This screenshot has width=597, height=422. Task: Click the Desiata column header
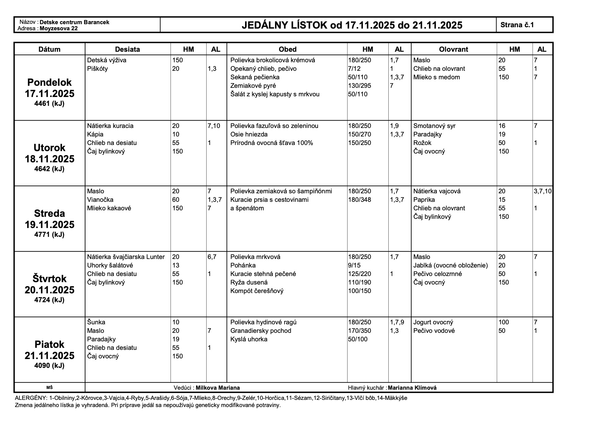point(127,49)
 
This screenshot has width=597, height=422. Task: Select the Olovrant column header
point(454,49)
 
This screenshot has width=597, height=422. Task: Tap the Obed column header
point(288,49)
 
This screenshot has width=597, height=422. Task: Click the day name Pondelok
point(49,82)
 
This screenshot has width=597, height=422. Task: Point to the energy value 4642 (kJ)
point(49,169)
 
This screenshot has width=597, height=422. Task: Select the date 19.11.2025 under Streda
point(49,225)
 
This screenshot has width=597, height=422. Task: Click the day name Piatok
point(49,344)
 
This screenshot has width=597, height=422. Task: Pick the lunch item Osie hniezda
point(249,134)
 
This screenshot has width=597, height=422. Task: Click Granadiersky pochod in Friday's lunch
point(261,331)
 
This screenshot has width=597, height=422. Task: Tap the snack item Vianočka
point(100,200)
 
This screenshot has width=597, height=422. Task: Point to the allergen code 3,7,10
point(543,191)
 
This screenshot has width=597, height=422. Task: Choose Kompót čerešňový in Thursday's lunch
point(257,291)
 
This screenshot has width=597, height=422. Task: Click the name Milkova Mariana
point(217,388)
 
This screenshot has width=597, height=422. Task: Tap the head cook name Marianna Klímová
point(412,388)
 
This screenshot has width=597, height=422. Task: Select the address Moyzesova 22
point(59,29)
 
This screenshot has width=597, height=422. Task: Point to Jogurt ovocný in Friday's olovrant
point(433,322)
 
